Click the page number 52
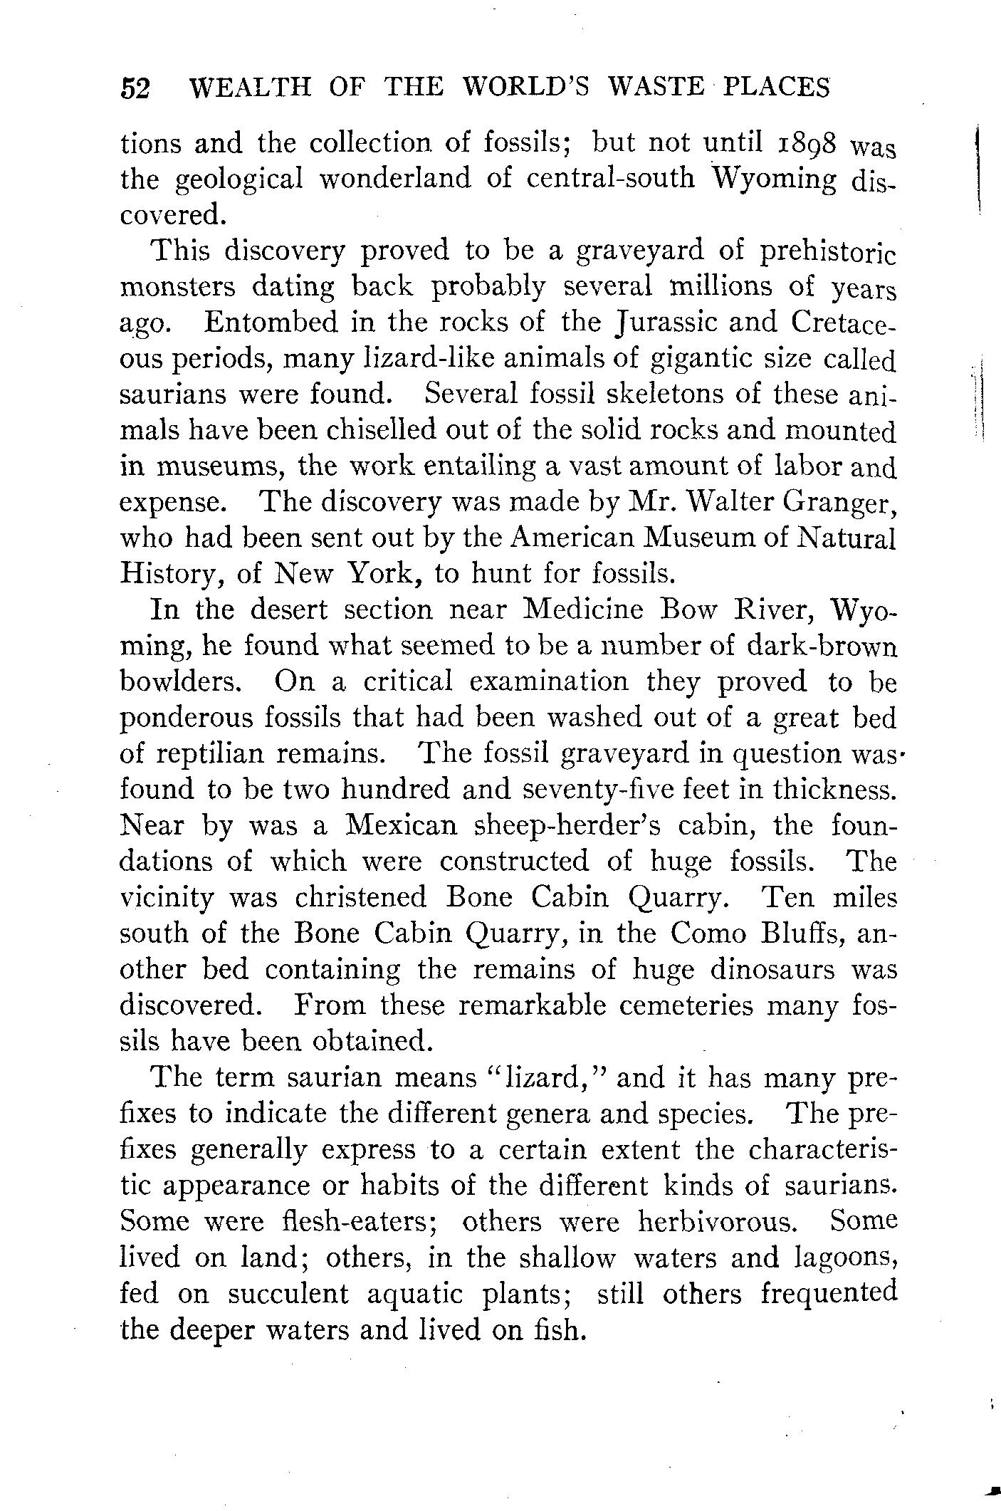pos(135,89)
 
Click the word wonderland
pos(394,178)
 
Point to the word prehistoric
pos(827,251)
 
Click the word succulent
pos(288,1295)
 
